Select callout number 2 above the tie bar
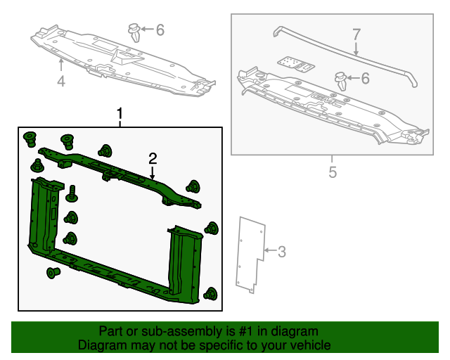(152, 158)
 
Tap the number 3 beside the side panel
(281, 251)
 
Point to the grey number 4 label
(61, 82)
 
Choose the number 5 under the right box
(333, 172)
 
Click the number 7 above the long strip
(356, 34)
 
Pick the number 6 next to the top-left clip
(160, 30)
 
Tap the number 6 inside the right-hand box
(364, 79)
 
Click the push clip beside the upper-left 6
(134, 32)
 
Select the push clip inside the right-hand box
(342, 80)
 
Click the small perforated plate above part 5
(295, 64)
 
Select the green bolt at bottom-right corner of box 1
(210, 294)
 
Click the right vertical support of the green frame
(184, 260)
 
